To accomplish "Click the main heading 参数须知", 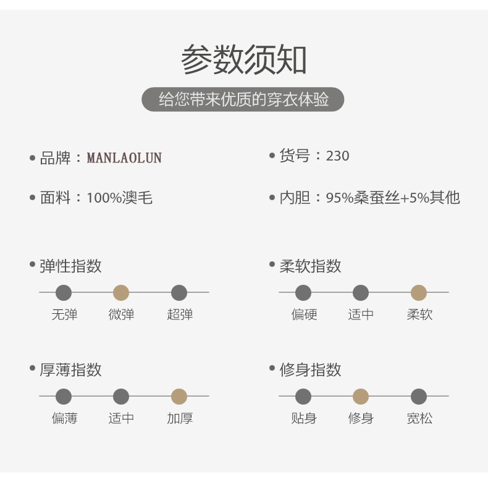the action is coord(243,61).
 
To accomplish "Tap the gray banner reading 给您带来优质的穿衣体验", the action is coord(243,99).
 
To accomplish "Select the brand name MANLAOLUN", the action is coord(124,158).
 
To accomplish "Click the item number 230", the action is coord(337,156).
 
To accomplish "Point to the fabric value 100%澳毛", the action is coord(119,198).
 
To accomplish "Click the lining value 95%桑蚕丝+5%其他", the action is coord(393,198).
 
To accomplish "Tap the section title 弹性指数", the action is coord(70,266).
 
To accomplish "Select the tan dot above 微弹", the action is coord(121,293).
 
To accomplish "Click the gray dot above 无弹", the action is coord(64,293).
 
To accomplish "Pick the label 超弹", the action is coord(179,314).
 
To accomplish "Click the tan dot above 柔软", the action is coord(419,293).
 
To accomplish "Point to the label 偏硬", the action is coord(304,314).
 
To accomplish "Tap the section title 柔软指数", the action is coord(310,266).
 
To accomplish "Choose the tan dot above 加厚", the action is coord(179,397).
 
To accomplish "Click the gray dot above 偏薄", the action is coord(64,397).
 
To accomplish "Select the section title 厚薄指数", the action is coord(70,370).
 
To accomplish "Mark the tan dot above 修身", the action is coord(361,397).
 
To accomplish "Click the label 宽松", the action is coord(419,418).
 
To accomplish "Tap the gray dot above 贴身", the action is coord(303,397).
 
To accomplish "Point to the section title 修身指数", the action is coord(310,370).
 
